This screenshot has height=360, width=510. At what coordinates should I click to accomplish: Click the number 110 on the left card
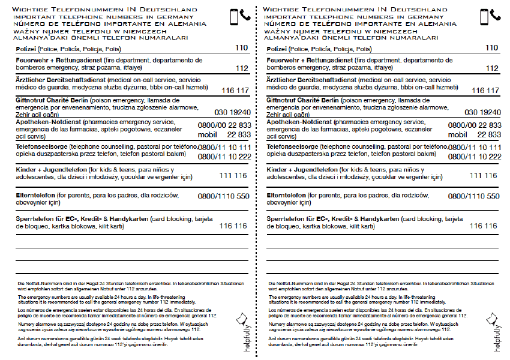pos(241,48)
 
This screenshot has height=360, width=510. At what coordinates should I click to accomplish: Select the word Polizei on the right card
pos(277,49)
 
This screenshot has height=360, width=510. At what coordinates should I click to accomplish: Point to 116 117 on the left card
pos(235,91)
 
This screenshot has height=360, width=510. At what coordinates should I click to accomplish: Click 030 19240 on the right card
pos(482,112)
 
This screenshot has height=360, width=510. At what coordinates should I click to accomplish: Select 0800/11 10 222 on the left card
pos(224,157)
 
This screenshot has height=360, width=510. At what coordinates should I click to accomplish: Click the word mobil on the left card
pos(209,134)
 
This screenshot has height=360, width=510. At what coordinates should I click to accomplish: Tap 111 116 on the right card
pos(483,176)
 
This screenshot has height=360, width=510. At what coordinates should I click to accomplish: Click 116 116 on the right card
pos(483,226)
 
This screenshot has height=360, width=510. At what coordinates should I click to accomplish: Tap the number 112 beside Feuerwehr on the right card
pos(491,68)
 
